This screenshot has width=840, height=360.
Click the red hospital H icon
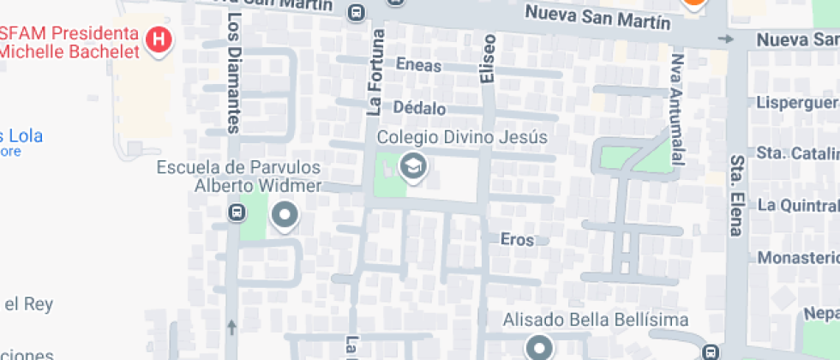pos(159,39)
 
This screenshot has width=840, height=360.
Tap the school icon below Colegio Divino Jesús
pos(414,167)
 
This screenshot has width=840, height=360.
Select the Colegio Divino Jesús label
pos(461,138)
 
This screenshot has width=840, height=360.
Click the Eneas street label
pos(419,65)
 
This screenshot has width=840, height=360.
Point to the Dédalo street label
pos(419,109)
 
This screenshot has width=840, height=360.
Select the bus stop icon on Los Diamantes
pos(236,211)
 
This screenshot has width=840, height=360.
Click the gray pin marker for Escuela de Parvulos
pos(284,216)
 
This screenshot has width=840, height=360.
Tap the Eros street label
pos(517,240)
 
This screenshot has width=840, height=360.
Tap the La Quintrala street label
pos(798,205)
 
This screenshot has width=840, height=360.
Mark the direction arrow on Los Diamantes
pos(231,327)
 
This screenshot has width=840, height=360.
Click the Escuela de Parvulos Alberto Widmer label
pos(238,176)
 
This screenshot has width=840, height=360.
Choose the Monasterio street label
pos(797,258)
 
